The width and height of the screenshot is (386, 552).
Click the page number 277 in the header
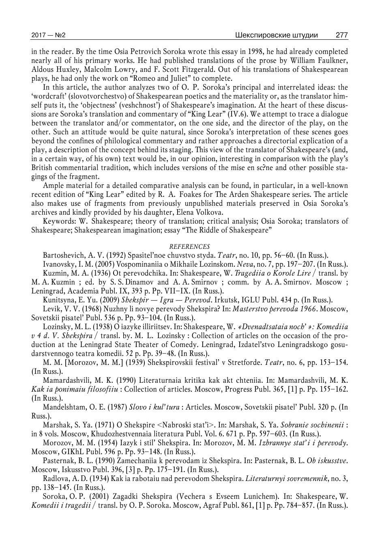coord(341,35)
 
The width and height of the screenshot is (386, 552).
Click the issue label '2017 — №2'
coord(48,35)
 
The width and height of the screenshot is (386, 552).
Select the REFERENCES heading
coord(189,246)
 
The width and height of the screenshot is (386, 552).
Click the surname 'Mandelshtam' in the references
coord(62,407)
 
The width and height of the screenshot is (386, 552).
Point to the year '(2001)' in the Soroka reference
coord(86,496)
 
